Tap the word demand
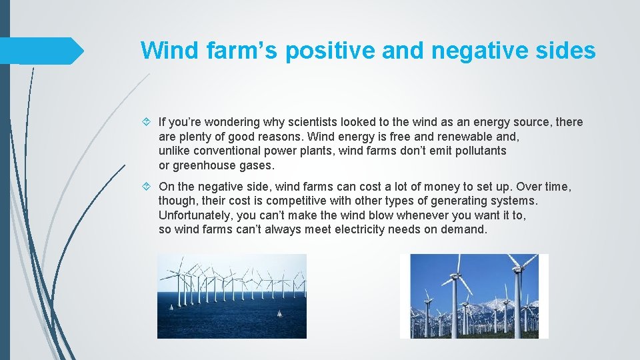(x=465, y=229)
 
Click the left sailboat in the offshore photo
(x=172, y=307)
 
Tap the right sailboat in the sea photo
(x=279, y=313)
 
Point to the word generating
(x=463, y=201)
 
